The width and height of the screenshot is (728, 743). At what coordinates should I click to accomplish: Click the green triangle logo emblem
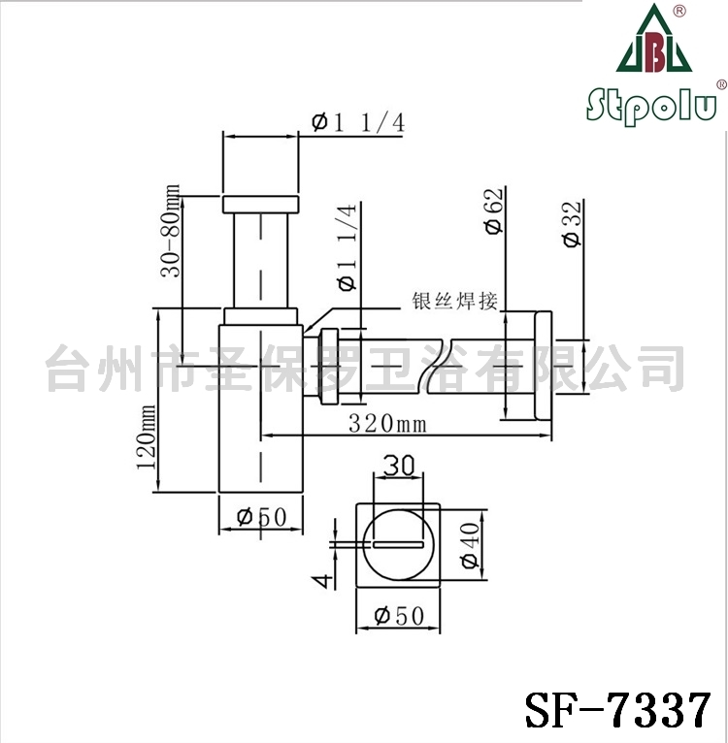654,39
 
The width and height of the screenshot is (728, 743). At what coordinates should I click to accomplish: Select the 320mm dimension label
387,423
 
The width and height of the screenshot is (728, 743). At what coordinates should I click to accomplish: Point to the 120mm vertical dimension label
146,436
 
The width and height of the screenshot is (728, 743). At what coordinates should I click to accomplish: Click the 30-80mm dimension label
171,230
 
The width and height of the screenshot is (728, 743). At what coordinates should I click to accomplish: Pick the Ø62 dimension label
494,210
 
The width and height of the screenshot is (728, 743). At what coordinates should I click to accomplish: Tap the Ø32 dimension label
572,224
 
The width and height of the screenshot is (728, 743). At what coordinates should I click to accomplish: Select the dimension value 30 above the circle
398,466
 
